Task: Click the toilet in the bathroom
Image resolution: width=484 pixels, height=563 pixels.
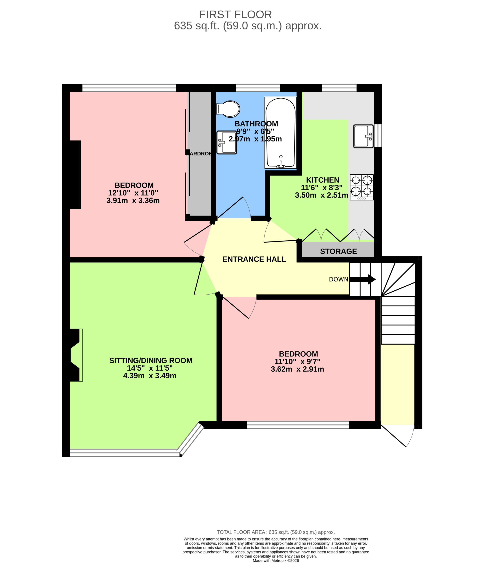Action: [228, 109]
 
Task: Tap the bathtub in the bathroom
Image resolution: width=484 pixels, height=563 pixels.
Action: [281, 133]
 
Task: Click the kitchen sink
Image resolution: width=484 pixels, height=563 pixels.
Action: [363, 136]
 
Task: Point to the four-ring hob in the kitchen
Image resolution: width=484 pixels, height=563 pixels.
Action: [362, 187]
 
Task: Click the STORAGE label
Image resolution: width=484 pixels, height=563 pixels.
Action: [338, 251]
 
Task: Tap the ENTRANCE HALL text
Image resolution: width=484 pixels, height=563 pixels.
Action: [254, 259]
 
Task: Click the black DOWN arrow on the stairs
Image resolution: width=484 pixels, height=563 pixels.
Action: [363, 279]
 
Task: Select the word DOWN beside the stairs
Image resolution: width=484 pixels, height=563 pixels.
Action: [338, 279]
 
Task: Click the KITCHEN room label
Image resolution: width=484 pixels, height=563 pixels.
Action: [323, 180]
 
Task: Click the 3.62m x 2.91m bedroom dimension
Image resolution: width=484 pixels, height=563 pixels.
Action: [297, 369]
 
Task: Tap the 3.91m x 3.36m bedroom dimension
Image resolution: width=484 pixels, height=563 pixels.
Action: [133, 200]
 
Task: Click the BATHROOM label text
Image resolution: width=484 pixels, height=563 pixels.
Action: [256, 124]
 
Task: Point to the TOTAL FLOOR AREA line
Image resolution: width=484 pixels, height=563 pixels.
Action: [276, 532]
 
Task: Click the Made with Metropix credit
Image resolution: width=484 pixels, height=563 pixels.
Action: [276, 560]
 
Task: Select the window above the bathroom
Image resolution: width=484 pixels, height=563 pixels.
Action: [258, 88]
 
